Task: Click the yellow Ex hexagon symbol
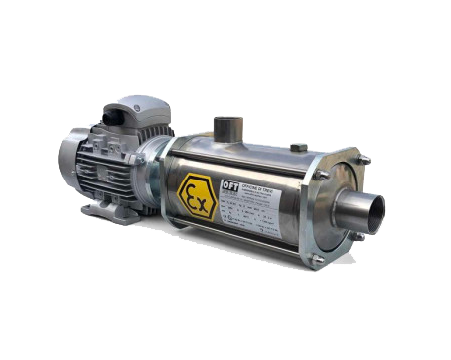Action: click(x=198, y=191)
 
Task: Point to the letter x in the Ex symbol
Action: click(x=204, y=194)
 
